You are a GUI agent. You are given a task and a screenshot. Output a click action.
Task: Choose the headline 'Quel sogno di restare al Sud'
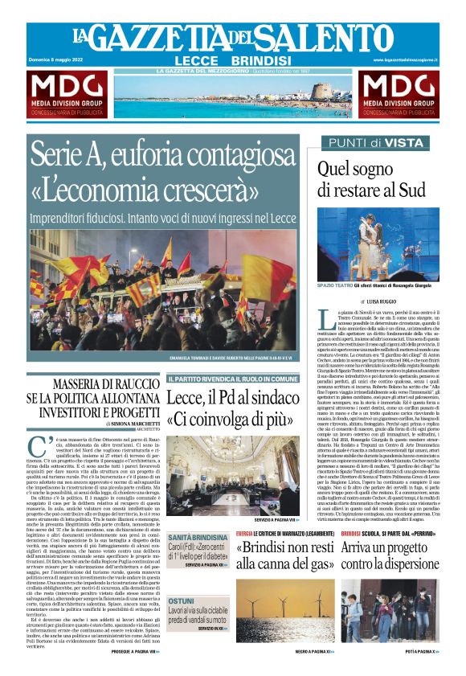(x=371, y=178)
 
